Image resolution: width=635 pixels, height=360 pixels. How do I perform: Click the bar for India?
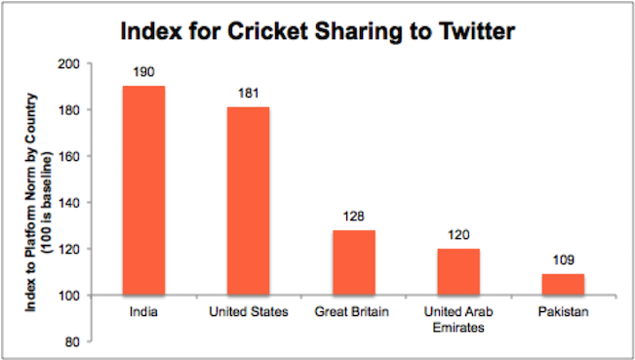click(143, 190)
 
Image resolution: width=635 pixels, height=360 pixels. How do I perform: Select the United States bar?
click(248, 200)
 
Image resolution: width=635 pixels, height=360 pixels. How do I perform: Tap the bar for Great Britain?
click(353, 261)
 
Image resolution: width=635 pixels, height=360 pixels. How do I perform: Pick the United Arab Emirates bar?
click(458, 271)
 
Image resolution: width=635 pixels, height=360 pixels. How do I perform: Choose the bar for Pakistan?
click(563, 284)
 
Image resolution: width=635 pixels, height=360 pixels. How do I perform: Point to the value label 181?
click(248, 96)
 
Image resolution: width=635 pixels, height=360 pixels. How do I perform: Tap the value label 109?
click(563, 261)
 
